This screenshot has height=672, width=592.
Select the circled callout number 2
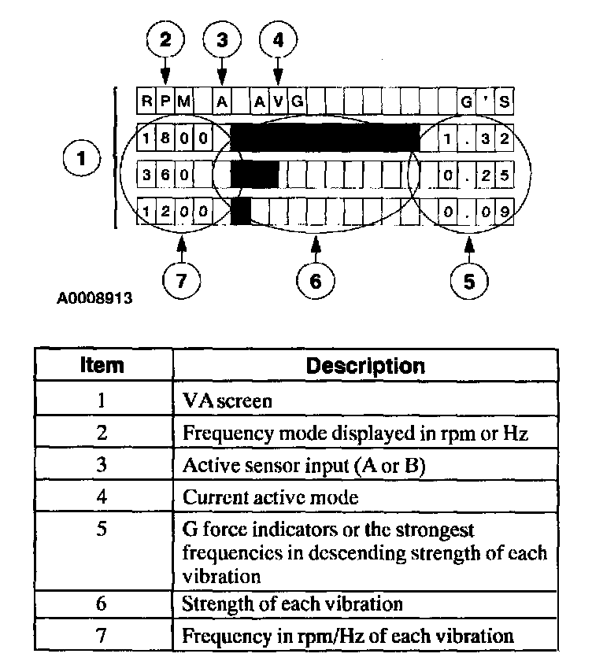pos(165,42)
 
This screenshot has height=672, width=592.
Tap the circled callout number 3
pos(222,42)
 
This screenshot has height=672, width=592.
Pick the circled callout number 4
pos(277,42)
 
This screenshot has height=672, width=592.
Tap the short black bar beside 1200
pos(241,210)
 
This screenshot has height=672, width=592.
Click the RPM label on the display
pos(165,101)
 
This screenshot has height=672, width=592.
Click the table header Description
pos(364,365)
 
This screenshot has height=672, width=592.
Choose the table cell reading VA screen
pos(227,401)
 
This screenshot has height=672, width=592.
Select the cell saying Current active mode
pos(260,497)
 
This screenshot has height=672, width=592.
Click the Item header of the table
pos(102,365)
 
